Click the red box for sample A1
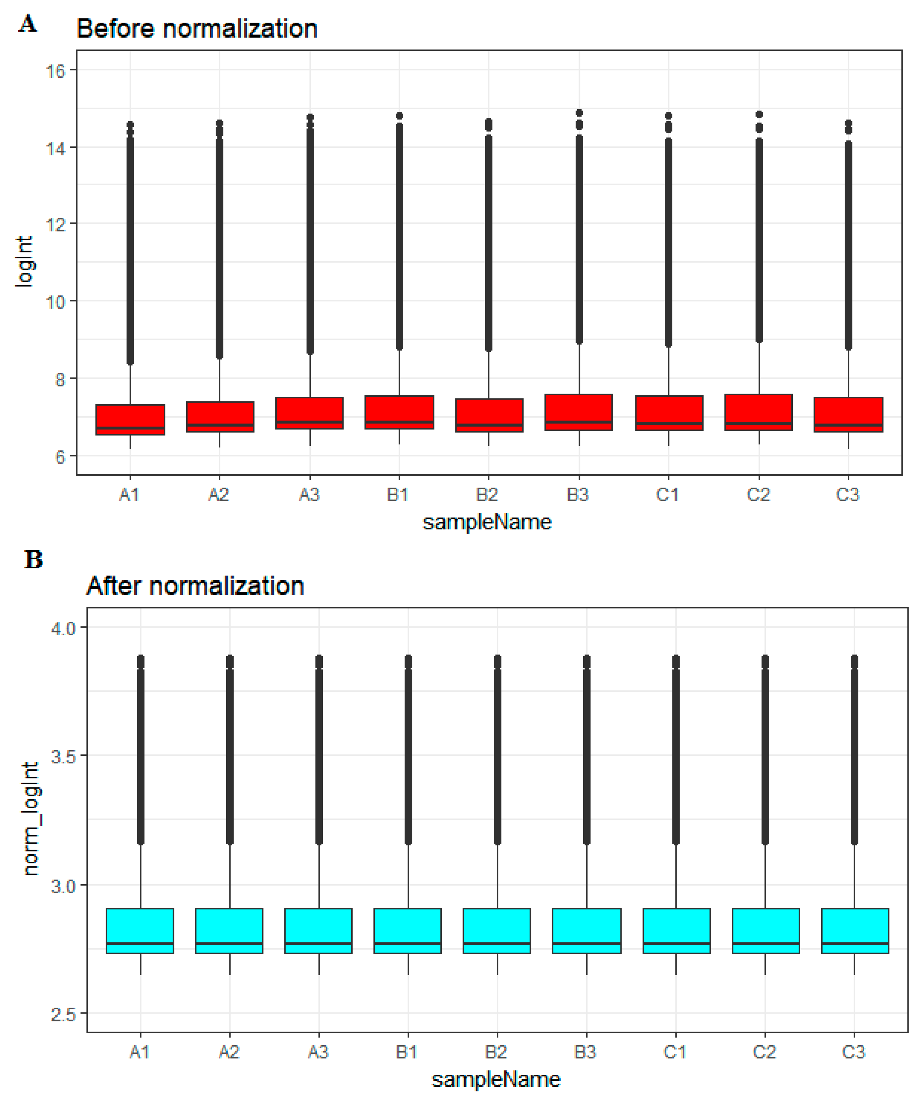coord(130,419)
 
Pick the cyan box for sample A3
coord(319,931)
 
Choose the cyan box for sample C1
coord(676,931)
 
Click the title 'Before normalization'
coord(197,28)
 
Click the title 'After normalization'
coord(195,586)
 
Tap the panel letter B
coord(33,560)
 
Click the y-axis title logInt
coord(24,261)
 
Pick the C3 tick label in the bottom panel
coord(854,1052)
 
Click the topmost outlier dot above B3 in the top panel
coord(579,113)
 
